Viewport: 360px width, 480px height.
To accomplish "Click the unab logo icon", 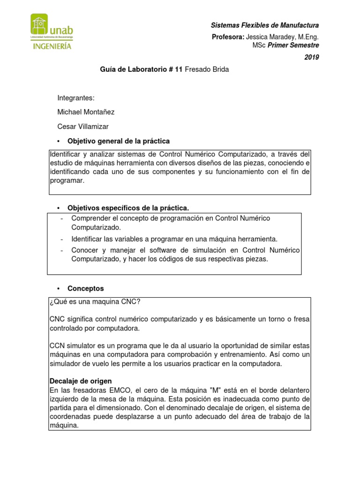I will [39, 26].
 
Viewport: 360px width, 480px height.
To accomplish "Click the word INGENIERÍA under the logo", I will [52, 46].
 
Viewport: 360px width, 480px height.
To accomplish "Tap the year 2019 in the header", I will [312, 57].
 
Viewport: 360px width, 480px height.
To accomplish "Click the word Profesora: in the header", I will [228, 37].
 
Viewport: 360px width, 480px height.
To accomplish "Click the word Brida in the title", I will [220, 69].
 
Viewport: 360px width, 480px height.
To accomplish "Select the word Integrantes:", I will [76, 98].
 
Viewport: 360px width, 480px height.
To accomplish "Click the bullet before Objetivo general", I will [59, 141].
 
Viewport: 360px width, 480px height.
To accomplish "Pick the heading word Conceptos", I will [86, 288].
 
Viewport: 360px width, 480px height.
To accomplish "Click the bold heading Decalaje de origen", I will [81, 381].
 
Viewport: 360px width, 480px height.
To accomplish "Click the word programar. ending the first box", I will [67, 180].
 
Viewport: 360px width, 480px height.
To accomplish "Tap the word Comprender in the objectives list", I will [89, 218].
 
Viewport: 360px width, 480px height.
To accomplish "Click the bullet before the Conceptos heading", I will [59, 288].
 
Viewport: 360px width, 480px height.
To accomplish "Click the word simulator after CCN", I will [81, 345].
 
